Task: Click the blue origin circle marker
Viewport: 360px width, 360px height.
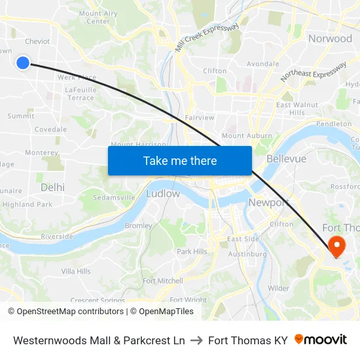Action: [22, 63]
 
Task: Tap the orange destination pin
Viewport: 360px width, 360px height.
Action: [337, 247]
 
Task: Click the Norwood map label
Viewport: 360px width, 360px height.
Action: [330, 39]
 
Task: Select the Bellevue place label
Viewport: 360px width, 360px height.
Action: [287, 159]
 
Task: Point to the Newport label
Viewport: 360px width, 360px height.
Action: [268, 203]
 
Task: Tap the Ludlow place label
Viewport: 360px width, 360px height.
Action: [163, 194]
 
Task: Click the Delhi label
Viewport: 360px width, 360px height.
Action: [52, 187]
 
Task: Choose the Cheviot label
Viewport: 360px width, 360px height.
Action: [37, 41]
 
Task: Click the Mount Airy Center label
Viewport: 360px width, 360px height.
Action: [99, 17]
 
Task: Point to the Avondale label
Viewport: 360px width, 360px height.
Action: [262, 64]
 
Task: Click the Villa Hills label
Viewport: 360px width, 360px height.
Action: [76, 271]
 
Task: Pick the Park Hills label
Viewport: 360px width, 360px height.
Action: [192, 251]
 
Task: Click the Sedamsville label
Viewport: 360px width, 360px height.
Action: [114, 197]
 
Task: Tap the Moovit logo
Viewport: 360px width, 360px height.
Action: [321, 340]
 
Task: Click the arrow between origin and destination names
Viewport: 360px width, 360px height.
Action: [196, 340]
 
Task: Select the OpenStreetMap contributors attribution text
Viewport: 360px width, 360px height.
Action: [69, 312]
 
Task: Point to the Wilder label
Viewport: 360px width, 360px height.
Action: [278, 288]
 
